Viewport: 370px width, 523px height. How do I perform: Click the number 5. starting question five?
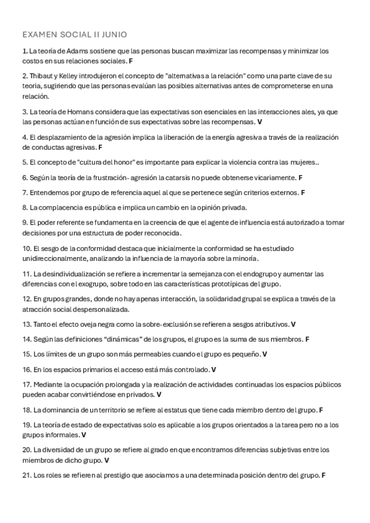click(x=25, y=163)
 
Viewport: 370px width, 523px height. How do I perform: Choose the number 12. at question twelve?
click(x=27, y=299)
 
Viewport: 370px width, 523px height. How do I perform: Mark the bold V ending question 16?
click(x=214, y=369)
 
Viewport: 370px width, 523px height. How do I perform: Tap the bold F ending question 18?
click(x=321, y=410)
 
